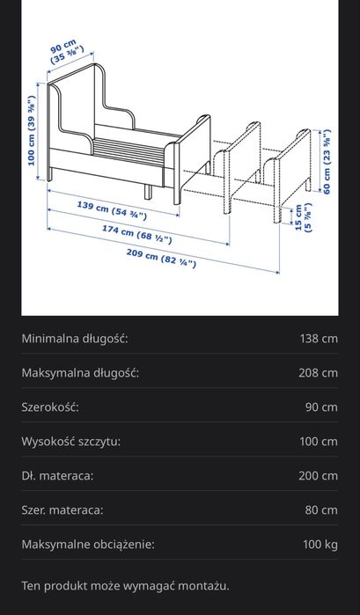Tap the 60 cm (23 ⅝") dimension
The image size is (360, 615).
pyautogui.click(x=327, y=162)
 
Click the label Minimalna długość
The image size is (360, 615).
pyautogui.click(x=75, y=338)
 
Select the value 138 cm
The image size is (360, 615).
pyautogui.click(x=318, y=338)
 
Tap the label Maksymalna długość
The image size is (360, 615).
pyautogui.click(x=80, y=372)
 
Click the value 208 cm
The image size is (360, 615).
pyautogui.click(x=318, y=372)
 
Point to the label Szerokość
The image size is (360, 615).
pyautogui.click(x=50, y=406)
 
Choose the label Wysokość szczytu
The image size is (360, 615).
pyautogui.click(x=70, y=441)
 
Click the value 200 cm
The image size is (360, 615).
pyautogui.click(x=318, y=475)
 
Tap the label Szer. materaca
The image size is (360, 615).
pyautogui.click(x=62, y=509)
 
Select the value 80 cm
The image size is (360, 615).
pyautogui.click(x=320, y=509)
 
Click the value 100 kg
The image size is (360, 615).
pyautogui.click(x=320, y=544)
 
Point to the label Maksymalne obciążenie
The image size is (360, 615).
pyautogui.click(x=88, y=544)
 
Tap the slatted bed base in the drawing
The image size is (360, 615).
pyautogui.click(x=127, y=146)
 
